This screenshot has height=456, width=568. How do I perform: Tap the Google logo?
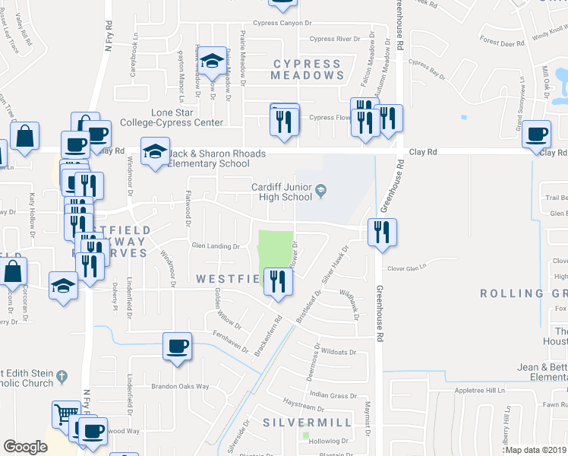(25, 447)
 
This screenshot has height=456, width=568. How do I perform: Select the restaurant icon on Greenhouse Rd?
(382, 231)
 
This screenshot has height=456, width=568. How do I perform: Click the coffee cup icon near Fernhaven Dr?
(178, 347)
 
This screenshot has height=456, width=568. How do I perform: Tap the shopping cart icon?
(65, 414)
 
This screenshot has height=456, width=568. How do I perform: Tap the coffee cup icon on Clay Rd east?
(537, 135)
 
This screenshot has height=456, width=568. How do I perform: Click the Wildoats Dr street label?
(339, 353)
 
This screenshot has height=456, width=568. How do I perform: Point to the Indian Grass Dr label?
(333, 395)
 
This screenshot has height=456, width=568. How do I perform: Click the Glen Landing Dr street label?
(215, 246)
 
